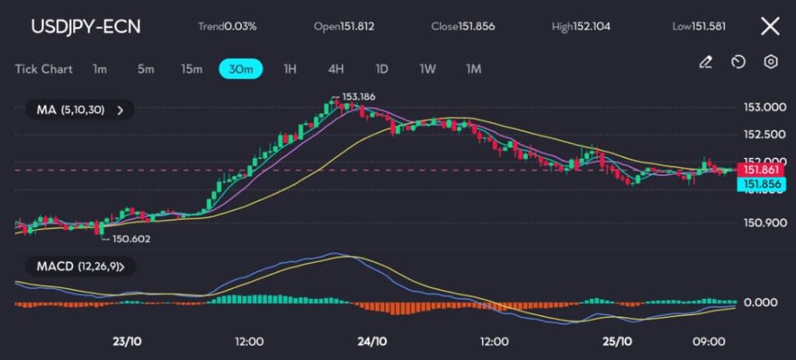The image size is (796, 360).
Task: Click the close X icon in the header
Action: (x=770, y=26)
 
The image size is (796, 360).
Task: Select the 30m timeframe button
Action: (x=241, y=68)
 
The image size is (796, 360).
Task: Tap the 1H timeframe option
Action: (x=290, y=68)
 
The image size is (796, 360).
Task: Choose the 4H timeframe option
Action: (x=336, y=68)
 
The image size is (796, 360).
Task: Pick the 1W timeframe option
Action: (x=428, y=68)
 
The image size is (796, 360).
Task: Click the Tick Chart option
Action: (x=44, y=68)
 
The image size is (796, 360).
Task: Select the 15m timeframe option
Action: (x=191, y=68)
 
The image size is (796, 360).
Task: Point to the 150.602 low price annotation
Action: (x=131, y=239)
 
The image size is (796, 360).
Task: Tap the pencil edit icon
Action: (x=705, y=62)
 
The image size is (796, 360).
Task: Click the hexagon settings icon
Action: (x=770, y=62)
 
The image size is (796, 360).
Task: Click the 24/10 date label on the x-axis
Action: (x=372, y=341)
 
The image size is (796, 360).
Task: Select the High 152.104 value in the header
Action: (x=581, y=26)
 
